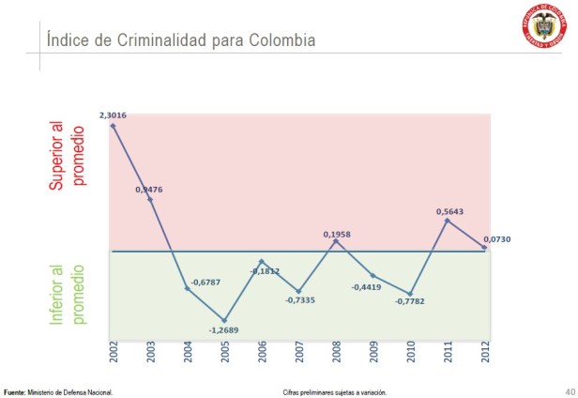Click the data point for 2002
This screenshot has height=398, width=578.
(x=113, y=125)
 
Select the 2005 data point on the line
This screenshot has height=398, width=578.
(x=224, y=320)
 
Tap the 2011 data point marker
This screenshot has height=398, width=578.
(x=448, y=221)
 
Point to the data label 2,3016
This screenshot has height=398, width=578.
(x=113, y=115)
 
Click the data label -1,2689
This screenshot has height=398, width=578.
(x=224, y=331)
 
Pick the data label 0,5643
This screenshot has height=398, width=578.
(x=450, y=211)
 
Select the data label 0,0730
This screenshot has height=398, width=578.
(x=496, y=239)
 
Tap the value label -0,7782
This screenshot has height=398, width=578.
(x=410, y=301)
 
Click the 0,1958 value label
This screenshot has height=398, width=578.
(x=336, y=234)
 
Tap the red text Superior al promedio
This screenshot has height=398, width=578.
(x=68, y=154)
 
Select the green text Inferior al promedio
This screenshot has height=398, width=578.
(x=68, y=294)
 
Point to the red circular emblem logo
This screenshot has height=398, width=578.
(x=543, y=28)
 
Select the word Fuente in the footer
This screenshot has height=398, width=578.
(x=14, y=391)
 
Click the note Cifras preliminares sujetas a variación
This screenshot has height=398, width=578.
(x=333, y=391)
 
